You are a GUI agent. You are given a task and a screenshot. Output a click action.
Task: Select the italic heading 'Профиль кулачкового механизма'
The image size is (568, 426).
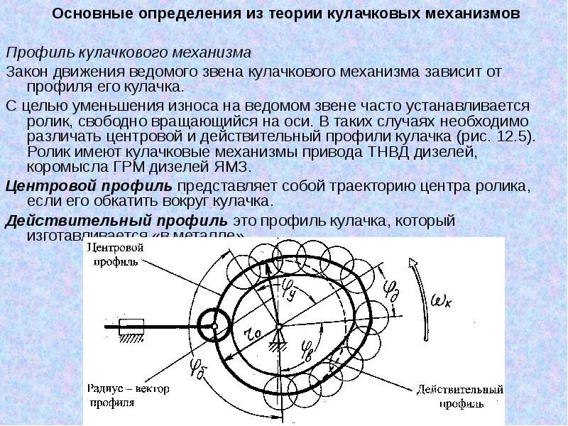click(129, 53)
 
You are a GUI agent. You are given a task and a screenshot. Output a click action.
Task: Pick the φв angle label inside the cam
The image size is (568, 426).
click(306, 347)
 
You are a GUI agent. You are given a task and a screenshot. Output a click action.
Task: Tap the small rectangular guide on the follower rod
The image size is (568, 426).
click(130, 327)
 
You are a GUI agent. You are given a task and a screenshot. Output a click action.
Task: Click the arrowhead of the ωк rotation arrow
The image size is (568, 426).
click(410, 262)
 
